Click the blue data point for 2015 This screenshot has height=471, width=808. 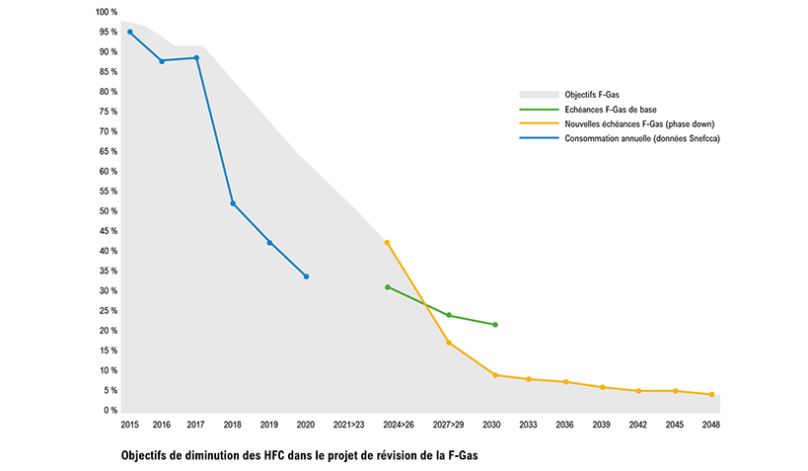130,32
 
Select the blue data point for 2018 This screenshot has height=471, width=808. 233,203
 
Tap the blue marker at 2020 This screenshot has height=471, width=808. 306,276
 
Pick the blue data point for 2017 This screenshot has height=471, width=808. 196,57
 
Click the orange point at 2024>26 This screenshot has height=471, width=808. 387,242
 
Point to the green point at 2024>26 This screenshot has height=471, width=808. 388,287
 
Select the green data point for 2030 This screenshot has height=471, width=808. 494,325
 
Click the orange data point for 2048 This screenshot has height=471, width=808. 711,395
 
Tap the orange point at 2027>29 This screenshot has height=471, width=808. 449,343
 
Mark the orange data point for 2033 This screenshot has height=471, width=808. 529,379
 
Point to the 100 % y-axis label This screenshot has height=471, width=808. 107,12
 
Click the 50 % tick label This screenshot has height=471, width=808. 109,211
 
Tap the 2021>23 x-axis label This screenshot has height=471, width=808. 350,425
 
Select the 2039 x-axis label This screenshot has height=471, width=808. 602,425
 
